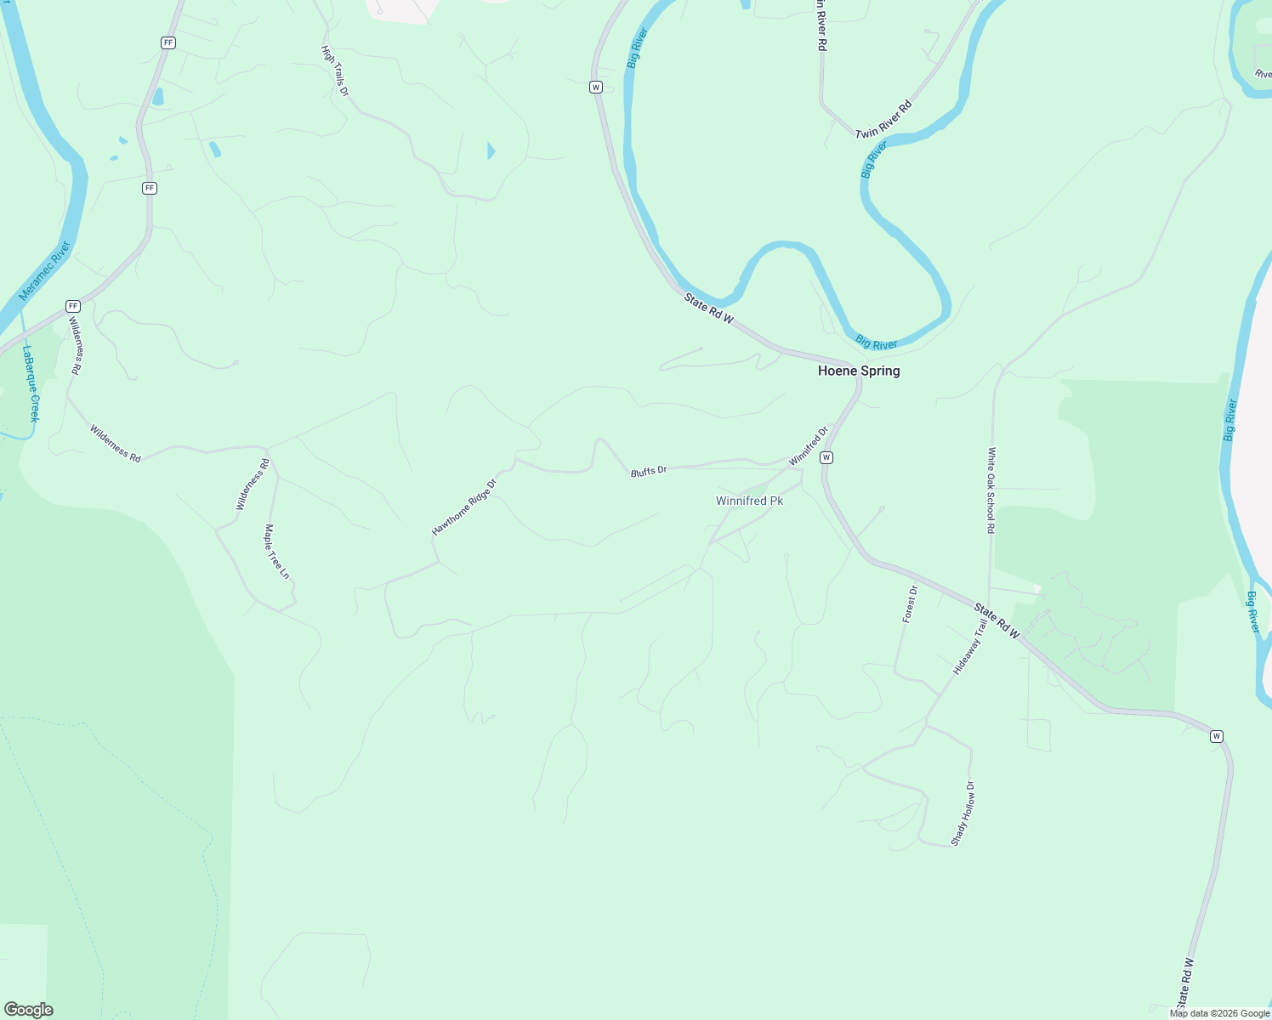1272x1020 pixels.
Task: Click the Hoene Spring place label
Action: click(859, 371)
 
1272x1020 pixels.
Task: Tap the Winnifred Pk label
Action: click(749, 501)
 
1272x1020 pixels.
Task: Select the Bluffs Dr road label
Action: click(649, 471)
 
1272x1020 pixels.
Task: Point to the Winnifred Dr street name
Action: click(808, 446)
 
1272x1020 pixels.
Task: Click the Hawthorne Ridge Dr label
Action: click(463, 507)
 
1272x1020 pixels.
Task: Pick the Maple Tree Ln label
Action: click(276, 552)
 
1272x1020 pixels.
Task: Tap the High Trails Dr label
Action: click(335, 71)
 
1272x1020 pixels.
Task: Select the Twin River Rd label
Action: click(883, 120)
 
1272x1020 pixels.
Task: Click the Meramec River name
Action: click(45, 271)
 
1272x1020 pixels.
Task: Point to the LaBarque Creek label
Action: click(31, 383)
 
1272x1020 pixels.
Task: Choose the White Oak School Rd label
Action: click(991, 490)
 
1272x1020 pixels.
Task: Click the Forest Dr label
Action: click(910, 604)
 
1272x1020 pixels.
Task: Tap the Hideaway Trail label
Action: click(970, 647)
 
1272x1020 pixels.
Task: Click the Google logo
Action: click(28, 1010)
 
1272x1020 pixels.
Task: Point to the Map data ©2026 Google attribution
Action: click(1219, 1013)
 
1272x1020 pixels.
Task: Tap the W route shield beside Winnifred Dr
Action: click(826, 458)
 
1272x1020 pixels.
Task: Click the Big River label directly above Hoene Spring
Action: click(876, 343)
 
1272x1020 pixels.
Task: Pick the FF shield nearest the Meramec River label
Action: click(73, 306)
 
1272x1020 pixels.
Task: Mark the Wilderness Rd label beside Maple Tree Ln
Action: click(253, 484)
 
